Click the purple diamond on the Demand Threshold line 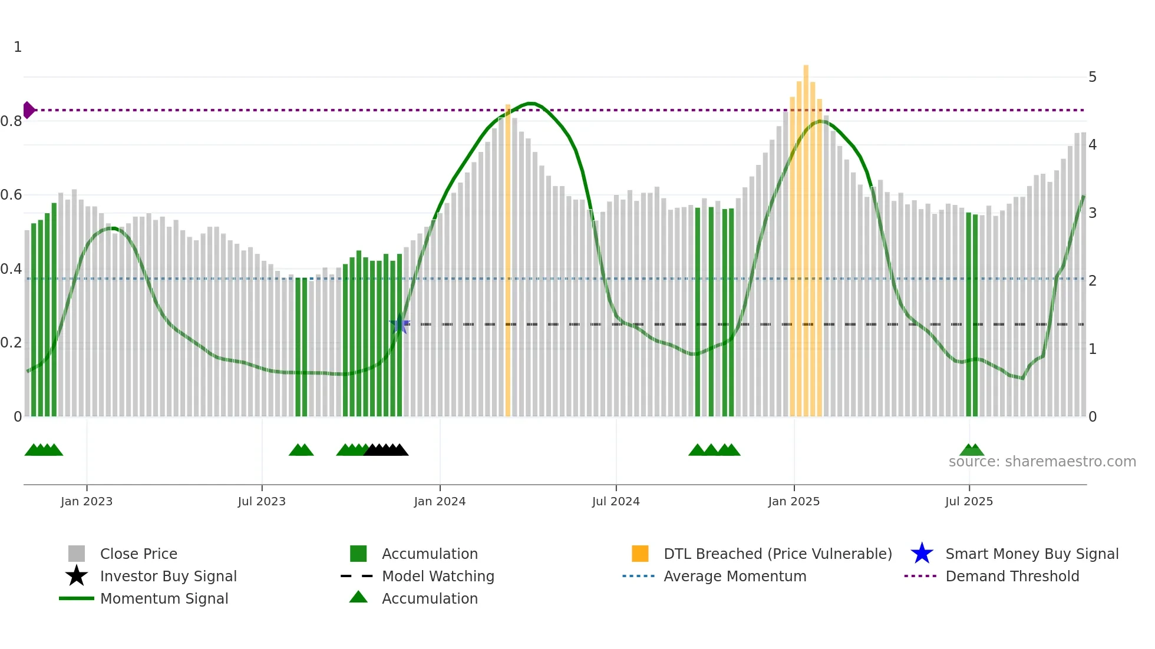28,110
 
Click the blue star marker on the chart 400,324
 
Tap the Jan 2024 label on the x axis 440,501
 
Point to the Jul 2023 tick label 262,501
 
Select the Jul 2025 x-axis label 969,501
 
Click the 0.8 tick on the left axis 11,121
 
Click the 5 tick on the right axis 1092,77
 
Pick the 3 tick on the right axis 1092,213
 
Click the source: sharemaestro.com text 1042,462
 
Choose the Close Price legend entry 138,554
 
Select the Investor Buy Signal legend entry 168,576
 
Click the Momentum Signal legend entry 164,598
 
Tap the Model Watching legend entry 438,576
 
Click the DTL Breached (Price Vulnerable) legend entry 777,554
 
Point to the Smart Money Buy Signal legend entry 1031,554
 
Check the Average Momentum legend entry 734,576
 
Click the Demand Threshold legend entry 1012,576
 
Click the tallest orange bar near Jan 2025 806,236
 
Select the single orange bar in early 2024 508,265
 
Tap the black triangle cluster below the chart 386,450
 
